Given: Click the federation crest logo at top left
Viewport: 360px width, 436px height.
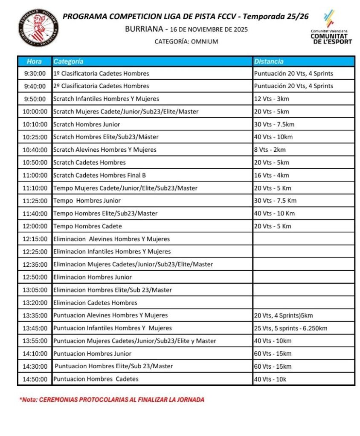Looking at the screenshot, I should click(x=39, y=28).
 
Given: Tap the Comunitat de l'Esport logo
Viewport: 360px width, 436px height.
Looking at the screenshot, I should click(x=331, y=28).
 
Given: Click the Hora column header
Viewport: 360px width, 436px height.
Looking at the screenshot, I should click(x=34, y=61).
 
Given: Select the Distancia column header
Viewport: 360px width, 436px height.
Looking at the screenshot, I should click(x=269, y=61).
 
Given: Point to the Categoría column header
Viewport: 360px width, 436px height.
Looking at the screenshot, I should click(x=68, y=61).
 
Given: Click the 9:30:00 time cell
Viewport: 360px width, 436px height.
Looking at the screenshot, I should click(x=35, y=73).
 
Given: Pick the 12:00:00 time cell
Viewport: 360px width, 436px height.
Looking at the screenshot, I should click(x=35, y=226).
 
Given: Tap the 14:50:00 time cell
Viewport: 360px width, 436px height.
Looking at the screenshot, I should click(x=35, y=379).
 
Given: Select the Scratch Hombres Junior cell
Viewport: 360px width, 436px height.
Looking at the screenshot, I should click(x=87, y=124).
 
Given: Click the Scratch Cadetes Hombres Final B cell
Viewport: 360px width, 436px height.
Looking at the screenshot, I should click(x=99, y=175).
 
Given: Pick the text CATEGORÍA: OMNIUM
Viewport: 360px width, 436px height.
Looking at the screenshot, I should click(x=186, y=42).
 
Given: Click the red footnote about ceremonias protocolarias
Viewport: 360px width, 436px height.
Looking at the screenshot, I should click(x=111, y=400).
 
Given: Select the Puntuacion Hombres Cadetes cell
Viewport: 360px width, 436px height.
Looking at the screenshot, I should click(x=96, y=379).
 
